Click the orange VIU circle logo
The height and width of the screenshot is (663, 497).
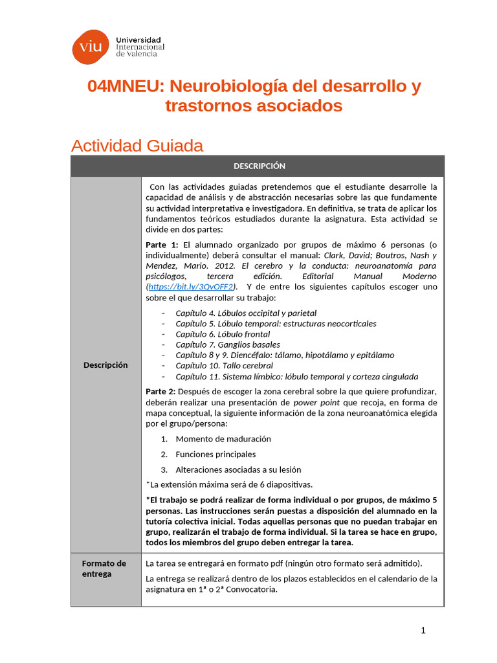pyautogui.click(x=91, y=47)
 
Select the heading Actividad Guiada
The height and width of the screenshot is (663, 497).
pyautogui.click(x=137, y=146)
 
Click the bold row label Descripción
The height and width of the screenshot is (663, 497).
pyautogui.click(x=105, y=365)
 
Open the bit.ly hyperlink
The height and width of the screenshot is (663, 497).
pyautogui.click(x=191, y=287)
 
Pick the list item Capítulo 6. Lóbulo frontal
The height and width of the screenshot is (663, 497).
pyautogui.click(x=223, y=334)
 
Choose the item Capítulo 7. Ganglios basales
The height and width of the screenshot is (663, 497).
pyautogui.click(x=228, y=344)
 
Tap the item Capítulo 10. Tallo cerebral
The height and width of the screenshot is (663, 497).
pyautogui.click(x=224, y=366)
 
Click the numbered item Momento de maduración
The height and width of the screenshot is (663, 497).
pyautogui.click(x=223, y=438)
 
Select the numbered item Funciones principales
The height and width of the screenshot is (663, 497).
pyautogui.click(x=215, y=454)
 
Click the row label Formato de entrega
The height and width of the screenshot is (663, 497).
pyautogui.click(x=104, y=568)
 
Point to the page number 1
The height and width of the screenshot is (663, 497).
pyautogui.click(x=423, y=631)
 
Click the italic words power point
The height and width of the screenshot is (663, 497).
pyautogui.click(x=315, y=402)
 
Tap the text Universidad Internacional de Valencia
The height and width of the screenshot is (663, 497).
pyautogui.click(x=140, y=47)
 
